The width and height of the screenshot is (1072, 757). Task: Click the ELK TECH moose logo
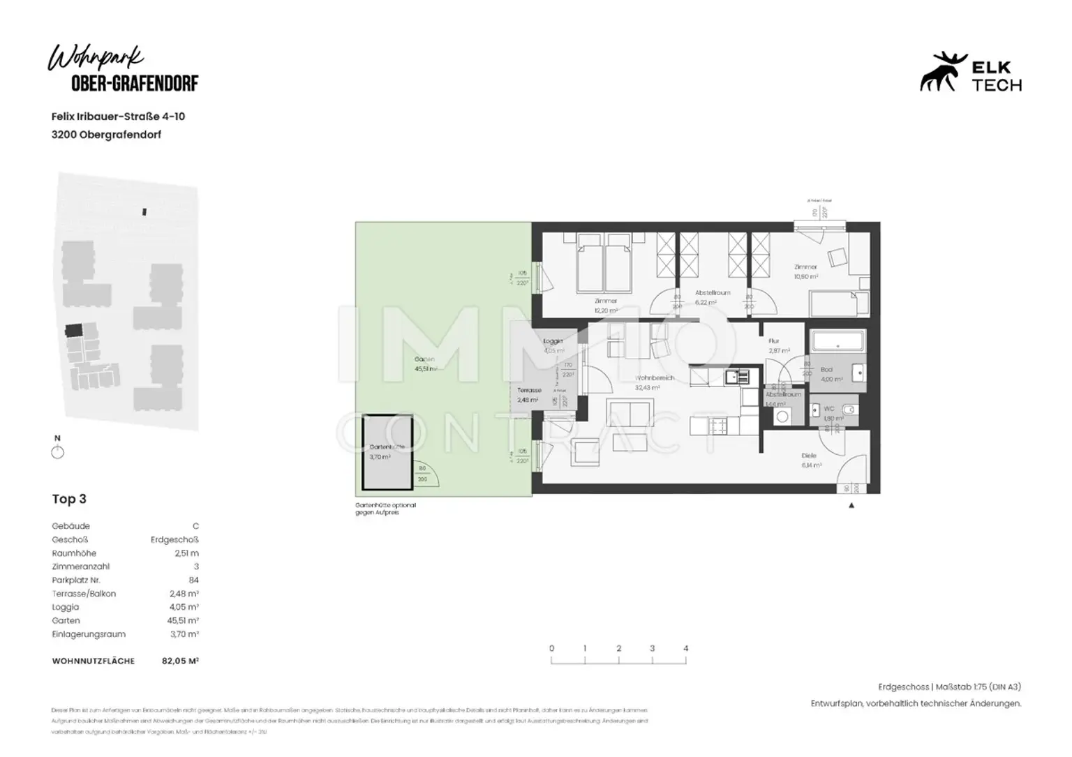(x=941, y=73)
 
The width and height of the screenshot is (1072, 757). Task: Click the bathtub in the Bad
(x=837, y=341)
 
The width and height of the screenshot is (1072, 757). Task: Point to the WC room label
(x=829, y=409)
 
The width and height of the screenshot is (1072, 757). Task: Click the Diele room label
(x=809, y=456)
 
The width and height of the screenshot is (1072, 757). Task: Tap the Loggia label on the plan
(x=553, y=341)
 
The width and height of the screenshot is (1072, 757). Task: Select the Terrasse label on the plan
(x=529, y=391)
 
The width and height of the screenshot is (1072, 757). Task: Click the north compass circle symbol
(x=58, y=453)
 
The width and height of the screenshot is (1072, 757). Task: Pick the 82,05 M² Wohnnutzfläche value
(x=180, y=661)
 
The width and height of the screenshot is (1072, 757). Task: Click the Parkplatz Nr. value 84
(x=193, y=580)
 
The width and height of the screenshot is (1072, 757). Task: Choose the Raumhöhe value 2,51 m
(x=186, y=553)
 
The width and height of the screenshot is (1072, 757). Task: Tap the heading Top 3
(x=69, y=499)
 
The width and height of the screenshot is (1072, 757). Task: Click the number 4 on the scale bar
(x=685, y=648)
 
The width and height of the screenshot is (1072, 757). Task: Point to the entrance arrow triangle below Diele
(x=851, y=505)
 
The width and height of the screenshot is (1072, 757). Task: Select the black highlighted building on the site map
(x=73, y=329)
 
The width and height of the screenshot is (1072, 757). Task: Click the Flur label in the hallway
(x=773, y=341)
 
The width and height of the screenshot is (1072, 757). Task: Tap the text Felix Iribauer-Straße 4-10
(x=118, y=117)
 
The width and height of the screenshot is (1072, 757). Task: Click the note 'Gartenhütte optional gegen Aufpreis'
(x=385, y=509)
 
